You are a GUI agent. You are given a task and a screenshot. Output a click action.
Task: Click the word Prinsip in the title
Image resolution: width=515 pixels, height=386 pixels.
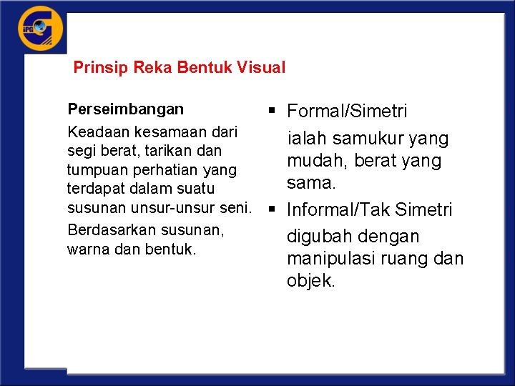point(96,68)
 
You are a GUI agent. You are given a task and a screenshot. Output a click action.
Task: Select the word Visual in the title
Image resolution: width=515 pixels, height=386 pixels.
point(261,68)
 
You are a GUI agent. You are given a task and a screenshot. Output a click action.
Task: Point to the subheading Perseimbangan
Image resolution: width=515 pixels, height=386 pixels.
point(125,109)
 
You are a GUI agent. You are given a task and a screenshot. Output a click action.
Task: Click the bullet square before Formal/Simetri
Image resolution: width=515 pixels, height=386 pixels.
point(273,111)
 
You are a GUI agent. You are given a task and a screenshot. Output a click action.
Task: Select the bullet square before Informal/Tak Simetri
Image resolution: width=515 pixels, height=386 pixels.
point(273,210)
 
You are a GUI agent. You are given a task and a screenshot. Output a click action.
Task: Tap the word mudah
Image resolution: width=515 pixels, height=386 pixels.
point(315,161)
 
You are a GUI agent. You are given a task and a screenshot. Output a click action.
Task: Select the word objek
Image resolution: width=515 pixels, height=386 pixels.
point(310,281)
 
